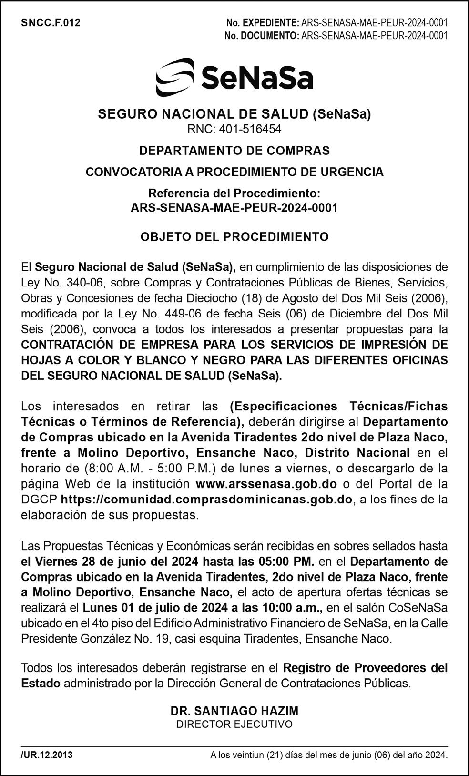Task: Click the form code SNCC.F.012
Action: pos(51,23)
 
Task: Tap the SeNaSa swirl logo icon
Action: pos(175,77)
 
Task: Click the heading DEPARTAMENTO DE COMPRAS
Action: pos(234,151)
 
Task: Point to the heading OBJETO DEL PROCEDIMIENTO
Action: pos(234,237)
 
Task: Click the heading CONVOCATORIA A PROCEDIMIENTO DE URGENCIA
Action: pos(234,172)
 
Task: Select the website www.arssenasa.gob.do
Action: pos(266,484)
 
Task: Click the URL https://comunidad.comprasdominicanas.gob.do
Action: pos(207,500)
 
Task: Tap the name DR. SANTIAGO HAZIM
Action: pos(234,711)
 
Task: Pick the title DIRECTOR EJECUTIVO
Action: pos(234,725)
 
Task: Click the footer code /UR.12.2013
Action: pos(47,755)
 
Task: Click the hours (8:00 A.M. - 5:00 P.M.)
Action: pos(138,469)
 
